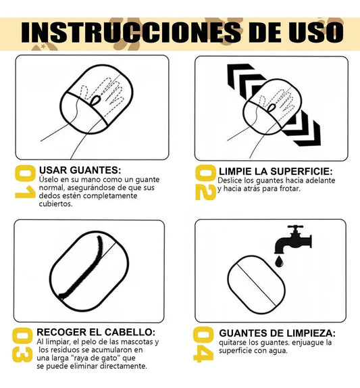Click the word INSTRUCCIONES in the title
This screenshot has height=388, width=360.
[131, 32]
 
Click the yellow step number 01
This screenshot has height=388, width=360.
[25, 181]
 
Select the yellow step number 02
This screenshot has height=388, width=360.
[205, 183]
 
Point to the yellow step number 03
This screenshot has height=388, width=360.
[22, 345]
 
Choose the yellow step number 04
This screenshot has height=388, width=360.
[203, 345]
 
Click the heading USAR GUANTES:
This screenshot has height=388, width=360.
[80, 170]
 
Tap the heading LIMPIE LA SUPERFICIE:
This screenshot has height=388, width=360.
[276, 172]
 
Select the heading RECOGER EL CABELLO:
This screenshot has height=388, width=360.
[96, 332]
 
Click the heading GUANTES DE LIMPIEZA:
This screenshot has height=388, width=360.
[277, 333]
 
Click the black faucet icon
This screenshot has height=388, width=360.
[293, 239]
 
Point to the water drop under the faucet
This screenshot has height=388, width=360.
[280, 262]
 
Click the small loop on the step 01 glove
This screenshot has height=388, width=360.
[95, 101]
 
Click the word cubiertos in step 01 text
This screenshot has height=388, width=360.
[55, 204]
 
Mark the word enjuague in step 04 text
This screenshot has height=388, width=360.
[309, 343]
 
